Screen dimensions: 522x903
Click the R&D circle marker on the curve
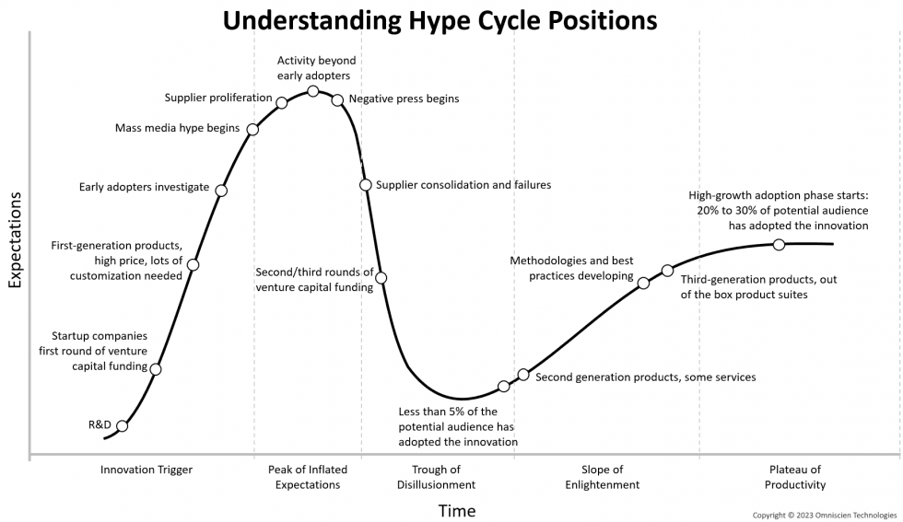[122, 425]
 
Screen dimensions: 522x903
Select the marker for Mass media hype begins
[252, 129]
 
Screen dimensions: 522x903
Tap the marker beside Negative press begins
[337, 99]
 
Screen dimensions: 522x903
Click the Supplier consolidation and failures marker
[366, 185]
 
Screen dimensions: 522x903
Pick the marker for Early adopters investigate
[220, 191]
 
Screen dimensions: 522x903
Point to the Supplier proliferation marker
[282, 102]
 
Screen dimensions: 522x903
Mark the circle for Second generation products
[523, 375]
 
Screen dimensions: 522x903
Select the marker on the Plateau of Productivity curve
[779, 244]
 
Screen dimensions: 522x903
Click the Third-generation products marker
[667, 271]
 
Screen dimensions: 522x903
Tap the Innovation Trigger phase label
[147, 470]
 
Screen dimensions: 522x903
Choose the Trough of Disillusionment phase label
[436, 477]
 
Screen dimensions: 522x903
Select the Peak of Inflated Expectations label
[308, 477]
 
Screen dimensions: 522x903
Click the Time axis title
[457, 510]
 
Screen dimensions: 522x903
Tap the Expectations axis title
[15, 241]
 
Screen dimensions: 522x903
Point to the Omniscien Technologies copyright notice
[825, 515]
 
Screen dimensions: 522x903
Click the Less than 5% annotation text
[457, 426]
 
